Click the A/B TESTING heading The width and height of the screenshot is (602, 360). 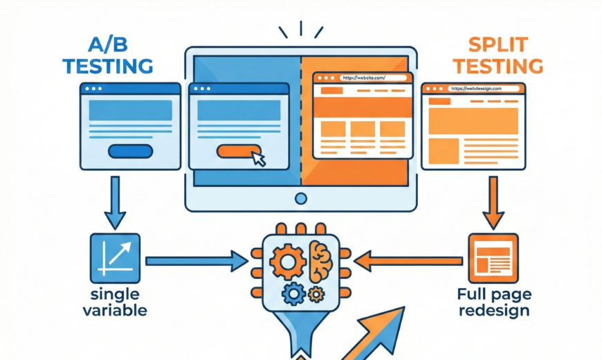coord(107,57)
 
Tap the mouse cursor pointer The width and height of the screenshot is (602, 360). coord(258,159)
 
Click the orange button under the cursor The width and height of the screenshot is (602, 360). coord(237,151)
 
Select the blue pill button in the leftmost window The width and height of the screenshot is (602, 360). coord(130,151)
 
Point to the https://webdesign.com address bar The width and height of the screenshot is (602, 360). coord(484,89)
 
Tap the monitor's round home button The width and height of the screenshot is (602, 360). coord(300,199)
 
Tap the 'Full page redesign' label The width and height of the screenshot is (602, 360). coord(494,303)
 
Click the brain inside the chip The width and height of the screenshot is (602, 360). coord(320,261)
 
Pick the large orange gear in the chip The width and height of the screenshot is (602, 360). coord(287,263)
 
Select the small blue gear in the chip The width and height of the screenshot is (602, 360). coord(293,294)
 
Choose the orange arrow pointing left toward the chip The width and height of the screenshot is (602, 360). coord(408,261)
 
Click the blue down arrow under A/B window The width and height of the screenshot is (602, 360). coord(115,201)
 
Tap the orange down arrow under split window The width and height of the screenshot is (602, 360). coord(493,201)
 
